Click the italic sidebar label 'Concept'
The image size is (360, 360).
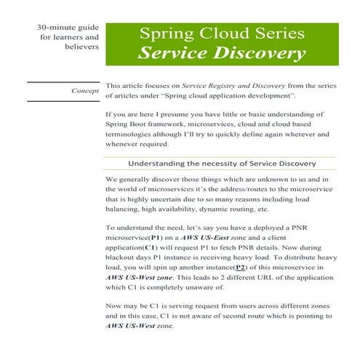pos(86,91)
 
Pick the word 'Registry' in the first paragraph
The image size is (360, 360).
pos(217,86)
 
